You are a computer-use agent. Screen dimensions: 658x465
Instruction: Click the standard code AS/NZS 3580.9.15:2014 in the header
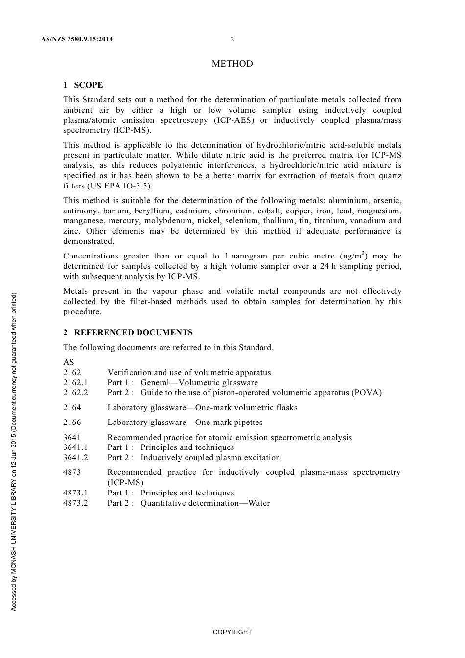coord(76,39)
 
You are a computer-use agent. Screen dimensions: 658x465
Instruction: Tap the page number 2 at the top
coord(232,39)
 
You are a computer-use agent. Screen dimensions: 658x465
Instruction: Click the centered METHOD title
coord(232,64)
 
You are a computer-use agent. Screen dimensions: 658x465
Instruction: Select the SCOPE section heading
coord(88,85)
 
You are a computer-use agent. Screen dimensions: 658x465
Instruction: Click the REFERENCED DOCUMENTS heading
coord(133,332)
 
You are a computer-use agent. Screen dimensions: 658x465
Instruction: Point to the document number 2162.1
coord(75,383)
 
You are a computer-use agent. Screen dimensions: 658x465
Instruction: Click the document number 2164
coord(72,407)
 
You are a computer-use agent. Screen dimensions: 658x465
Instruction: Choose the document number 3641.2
coord(75,458)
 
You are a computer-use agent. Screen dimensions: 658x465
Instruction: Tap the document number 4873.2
coord(75,503)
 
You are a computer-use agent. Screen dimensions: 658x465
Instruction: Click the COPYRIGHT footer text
coord(232,632)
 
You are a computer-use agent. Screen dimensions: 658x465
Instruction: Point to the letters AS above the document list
coord(69,362)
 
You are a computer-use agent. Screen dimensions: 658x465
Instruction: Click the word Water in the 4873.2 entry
coord(259,503)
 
